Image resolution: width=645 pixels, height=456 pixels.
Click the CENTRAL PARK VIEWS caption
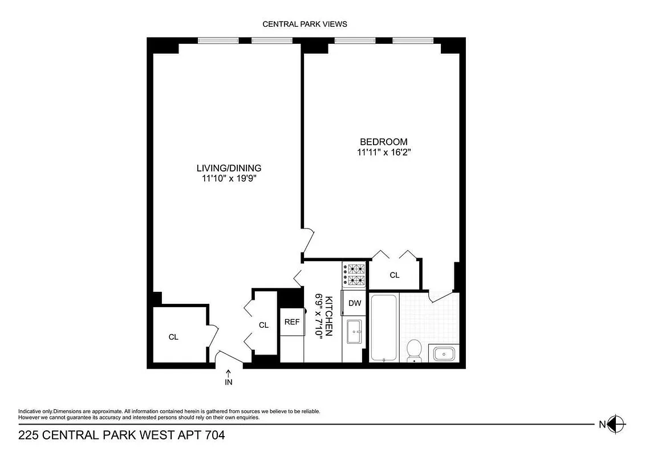point(305,24)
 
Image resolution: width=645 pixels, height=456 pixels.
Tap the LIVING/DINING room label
point(229,168)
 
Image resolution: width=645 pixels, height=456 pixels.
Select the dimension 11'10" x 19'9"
point(229,178)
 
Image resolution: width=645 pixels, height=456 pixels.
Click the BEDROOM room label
point(383,142)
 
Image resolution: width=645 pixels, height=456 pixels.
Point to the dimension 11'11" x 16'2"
point(383,152)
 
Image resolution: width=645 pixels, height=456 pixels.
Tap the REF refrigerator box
point(292,322)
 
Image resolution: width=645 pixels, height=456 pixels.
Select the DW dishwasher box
point(355,303)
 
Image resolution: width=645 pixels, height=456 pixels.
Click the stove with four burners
point(354,274)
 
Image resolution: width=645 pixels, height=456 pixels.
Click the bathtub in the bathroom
point(384,327)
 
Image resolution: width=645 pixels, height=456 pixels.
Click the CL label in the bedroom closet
point(395,275)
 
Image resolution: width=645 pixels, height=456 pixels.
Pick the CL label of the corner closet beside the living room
point(173,337)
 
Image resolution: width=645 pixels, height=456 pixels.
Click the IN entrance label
point(229,382)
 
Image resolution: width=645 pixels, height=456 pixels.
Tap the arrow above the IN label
point(229,373)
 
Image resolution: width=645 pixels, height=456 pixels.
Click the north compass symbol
point(615,424)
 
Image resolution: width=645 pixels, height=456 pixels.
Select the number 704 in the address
point(212,435)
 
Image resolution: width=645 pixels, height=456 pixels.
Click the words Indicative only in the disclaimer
point(35,412)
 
